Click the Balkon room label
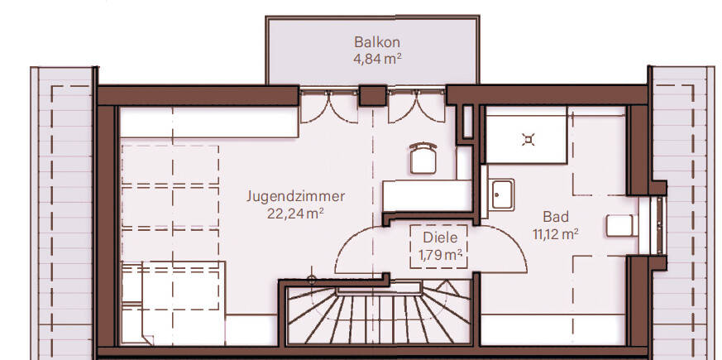point(371,41)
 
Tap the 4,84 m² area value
point(371,58)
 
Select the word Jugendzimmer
point(295,197)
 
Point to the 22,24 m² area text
point(295,214)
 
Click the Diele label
point(435,237)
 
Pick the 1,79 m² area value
point(435,254)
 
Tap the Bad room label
point(556,217)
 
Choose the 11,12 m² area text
point(556,234)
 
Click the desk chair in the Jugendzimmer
point(423,157)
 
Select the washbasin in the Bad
point(500,195)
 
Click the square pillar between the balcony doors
point(372,94)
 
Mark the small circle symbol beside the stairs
point(311,279)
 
